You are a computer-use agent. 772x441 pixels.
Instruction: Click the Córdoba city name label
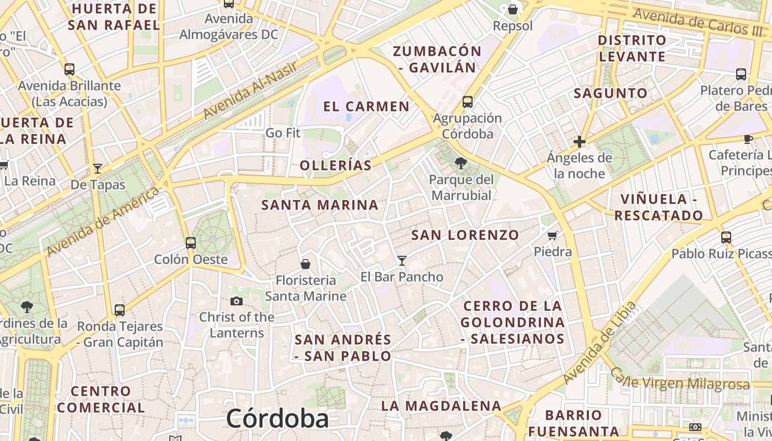pyautogui.click(x=277, y=419)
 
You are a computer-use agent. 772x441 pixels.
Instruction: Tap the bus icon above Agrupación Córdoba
pyautogui.click(x=468, y=101)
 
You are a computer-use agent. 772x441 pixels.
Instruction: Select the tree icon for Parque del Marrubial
pyautogui.click(x=460, y=163)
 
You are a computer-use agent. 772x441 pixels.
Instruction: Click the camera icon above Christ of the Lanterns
pyautogui.click(x=237, y=301)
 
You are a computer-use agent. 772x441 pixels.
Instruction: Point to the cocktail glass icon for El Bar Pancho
pyautogui.click(x=402, y=260)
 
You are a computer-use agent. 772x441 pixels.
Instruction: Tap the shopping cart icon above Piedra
pyautogui.click(x=553, y=236)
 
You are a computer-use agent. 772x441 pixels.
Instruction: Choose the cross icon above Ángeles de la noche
pyautogui.click(x=579, y=142)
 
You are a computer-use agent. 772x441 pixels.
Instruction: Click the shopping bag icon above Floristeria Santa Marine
pyautogui.click(x=305, y=264)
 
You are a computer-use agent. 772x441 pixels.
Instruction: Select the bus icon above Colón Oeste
pyautogui.click(x=191, y=243)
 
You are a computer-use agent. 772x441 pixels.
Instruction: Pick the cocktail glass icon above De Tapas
pyautogui.click(x=98, y=168)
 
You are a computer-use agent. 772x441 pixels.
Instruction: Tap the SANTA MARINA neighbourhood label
pyautogui.click(x=320, y=205)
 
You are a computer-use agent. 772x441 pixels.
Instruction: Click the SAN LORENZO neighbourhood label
pyautogui.click(x=465, y=235)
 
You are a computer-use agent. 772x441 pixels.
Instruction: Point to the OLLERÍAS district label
pyautogui.click(x=336, y=165)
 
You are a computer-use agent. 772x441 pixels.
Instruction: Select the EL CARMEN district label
pyautogui.click(x=367, y=106)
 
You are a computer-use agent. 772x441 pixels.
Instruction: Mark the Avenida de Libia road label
pyautogui.click(x=600, y=343)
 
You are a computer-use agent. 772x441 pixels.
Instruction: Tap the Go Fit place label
pyautogui.click(x=283, y=133)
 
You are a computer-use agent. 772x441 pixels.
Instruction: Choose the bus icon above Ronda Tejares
pyautogui.click(x=120, y=310)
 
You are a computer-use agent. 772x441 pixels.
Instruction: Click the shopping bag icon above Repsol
pyautogui.click(x=513, y=9)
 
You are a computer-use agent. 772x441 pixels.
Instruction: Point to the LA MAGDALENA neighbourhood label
pyautogui.click(x=441, y=406)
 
